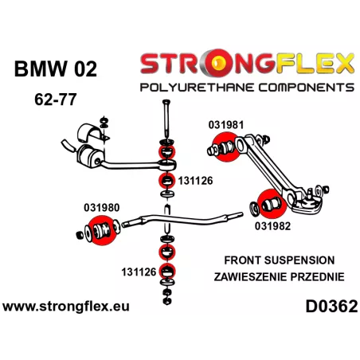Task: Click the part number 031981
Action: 226,125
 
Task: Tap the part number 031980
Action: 102,208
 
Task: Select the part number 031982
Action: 272,226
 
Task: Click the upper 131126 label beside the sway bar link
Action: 195,181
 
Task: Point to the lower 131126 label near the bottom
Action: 139,272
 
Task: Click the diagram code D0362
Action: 331,307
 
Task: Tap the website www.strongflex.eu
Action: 66,307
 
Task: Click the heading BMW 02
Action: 56,69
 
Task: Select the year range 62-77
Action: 56,100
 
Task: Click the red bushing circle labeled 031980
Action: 102,230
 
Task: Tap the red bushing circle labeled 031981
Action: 226,147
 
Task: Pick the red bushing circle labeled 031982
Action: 272,204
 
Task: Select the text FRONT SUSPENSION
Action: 280,260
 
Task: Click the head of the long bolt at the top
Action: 166,102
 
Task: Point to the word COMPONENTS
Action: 307,88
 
